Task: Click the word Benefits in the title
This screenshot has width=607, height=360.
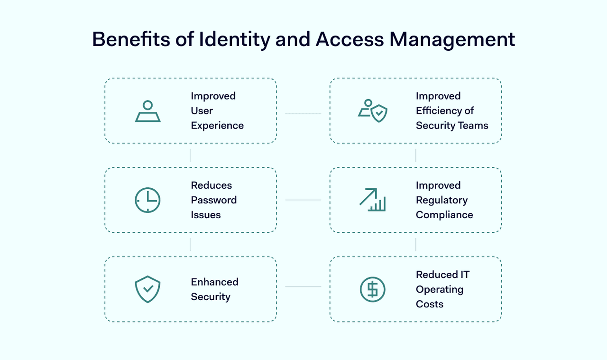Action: tap(131, 39)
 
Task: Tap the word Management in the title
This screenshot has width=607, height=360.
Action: tap(452, 39)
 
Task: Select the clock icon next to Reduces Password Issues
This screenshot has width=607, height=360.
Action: tap(147, 200)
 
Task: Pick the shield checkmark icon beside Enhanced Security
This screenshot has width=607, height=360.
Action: tap(147, 289)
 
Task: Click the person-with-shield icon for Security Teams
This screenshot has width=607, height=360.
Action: tap(373, 111)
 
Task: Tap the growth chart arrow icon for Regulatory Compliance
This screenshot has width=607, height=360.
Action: tap(373, 200)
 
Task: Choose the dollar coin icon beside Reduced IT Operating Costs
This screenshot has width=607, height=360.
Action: tap(373, 289)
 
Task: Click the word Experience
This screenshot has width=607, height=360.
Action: tap(217, 126)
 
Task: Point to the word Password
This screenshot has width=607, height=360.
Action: tap(214, 200)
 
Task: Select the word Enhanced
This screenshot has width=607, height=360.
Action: tap(215, 282)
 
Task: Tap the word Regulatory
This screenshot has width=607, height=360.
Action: tap(441, 201)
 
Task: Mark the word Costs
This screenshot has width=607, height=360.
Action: tap(430, 304)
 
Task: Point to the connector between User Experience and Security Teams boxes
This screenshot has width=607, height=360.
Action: tap(303, 113)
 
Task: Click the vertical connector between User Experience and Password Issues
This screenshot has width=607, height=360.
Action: tap(191, 155)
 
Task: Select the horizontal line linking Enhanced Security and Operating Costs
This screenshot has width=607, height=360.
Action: tap(303, 286)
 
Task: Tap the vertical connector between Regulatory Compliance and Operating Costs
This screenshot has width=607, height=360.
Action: tap(416, 245)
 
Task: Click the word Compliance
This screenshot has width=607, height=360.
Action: tap(444, 215)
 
